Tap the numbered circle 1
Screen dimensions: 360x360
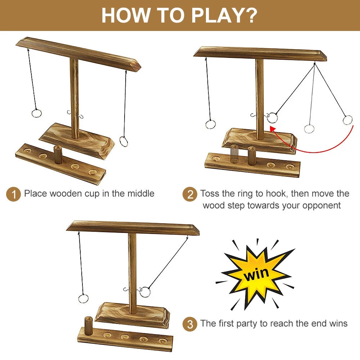point(14,194)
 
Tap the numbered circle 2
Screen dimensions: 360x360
point(190,194)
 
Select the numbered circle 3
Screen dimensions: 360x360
point(190,324)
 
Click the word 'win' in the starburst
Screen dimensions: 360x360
point(256,274)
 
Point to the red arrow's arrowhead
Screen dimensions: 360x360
point(272,128)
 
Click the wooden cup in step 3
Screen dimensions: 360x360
point(89,325)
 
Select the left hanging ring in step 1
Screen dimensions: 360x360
point(36,113)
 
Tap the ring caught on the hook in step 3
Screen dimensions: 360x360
point(145,292)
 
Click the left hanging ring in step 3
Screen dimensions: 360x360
point(83,298)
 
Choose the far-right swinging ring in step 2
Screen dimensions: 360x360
point(347,120)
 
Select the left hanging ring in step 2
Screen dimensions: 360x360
point(210,124)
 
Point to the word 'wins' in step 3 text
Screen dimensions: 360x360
point(338,323)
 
